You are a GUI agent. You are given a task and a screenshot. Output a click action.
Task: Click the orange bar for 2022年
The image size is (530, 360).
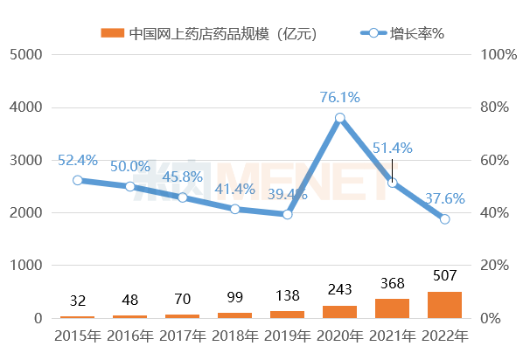coord(444,304)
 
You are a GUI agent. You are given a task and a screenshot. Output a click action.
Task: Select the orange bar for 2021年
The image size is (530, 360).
coord(392,308)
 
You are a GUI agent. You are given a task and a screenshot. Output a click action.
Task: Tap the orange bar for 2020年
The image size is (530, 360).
coord(339,311)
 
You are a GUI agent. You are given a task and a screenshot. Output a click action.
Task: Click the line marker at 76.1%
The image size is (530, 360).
coord(339,117)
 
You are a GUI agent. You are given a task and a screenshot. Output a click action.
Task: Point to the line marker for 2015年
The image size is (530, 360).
coord(77,180)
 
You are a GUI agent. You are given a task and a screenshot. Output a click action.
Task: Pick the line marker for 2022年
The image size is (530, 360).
coord(444,219)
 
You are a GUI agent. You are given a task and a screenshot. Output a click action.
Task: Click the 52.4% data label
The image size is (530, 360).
coord(77,161)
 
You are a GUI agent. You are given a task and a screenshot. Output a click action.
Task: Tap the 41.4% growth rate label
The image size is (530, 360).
coord(234,189)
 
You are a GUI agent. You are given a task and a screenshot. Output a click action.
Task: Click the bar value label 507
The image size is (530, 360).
coord(444,277)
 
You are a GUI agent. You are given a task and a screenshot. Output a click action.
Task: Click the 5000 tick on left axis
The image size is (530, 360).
coord(26,54)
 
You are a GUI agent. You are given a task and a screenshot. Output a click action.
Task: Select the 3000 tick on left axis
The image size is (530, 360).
coord(26,160)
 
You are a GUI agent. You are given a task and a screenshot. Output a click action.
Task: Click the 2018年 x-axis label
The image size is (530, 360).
coord(234,336)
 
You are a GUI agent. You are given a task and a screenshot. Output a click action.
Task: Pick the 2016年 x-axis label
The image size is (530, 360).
coord(129,336)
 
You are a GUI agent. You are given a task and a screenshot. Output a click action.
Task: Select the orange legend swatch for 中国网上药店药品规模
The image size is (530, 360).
coord(112,33)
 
